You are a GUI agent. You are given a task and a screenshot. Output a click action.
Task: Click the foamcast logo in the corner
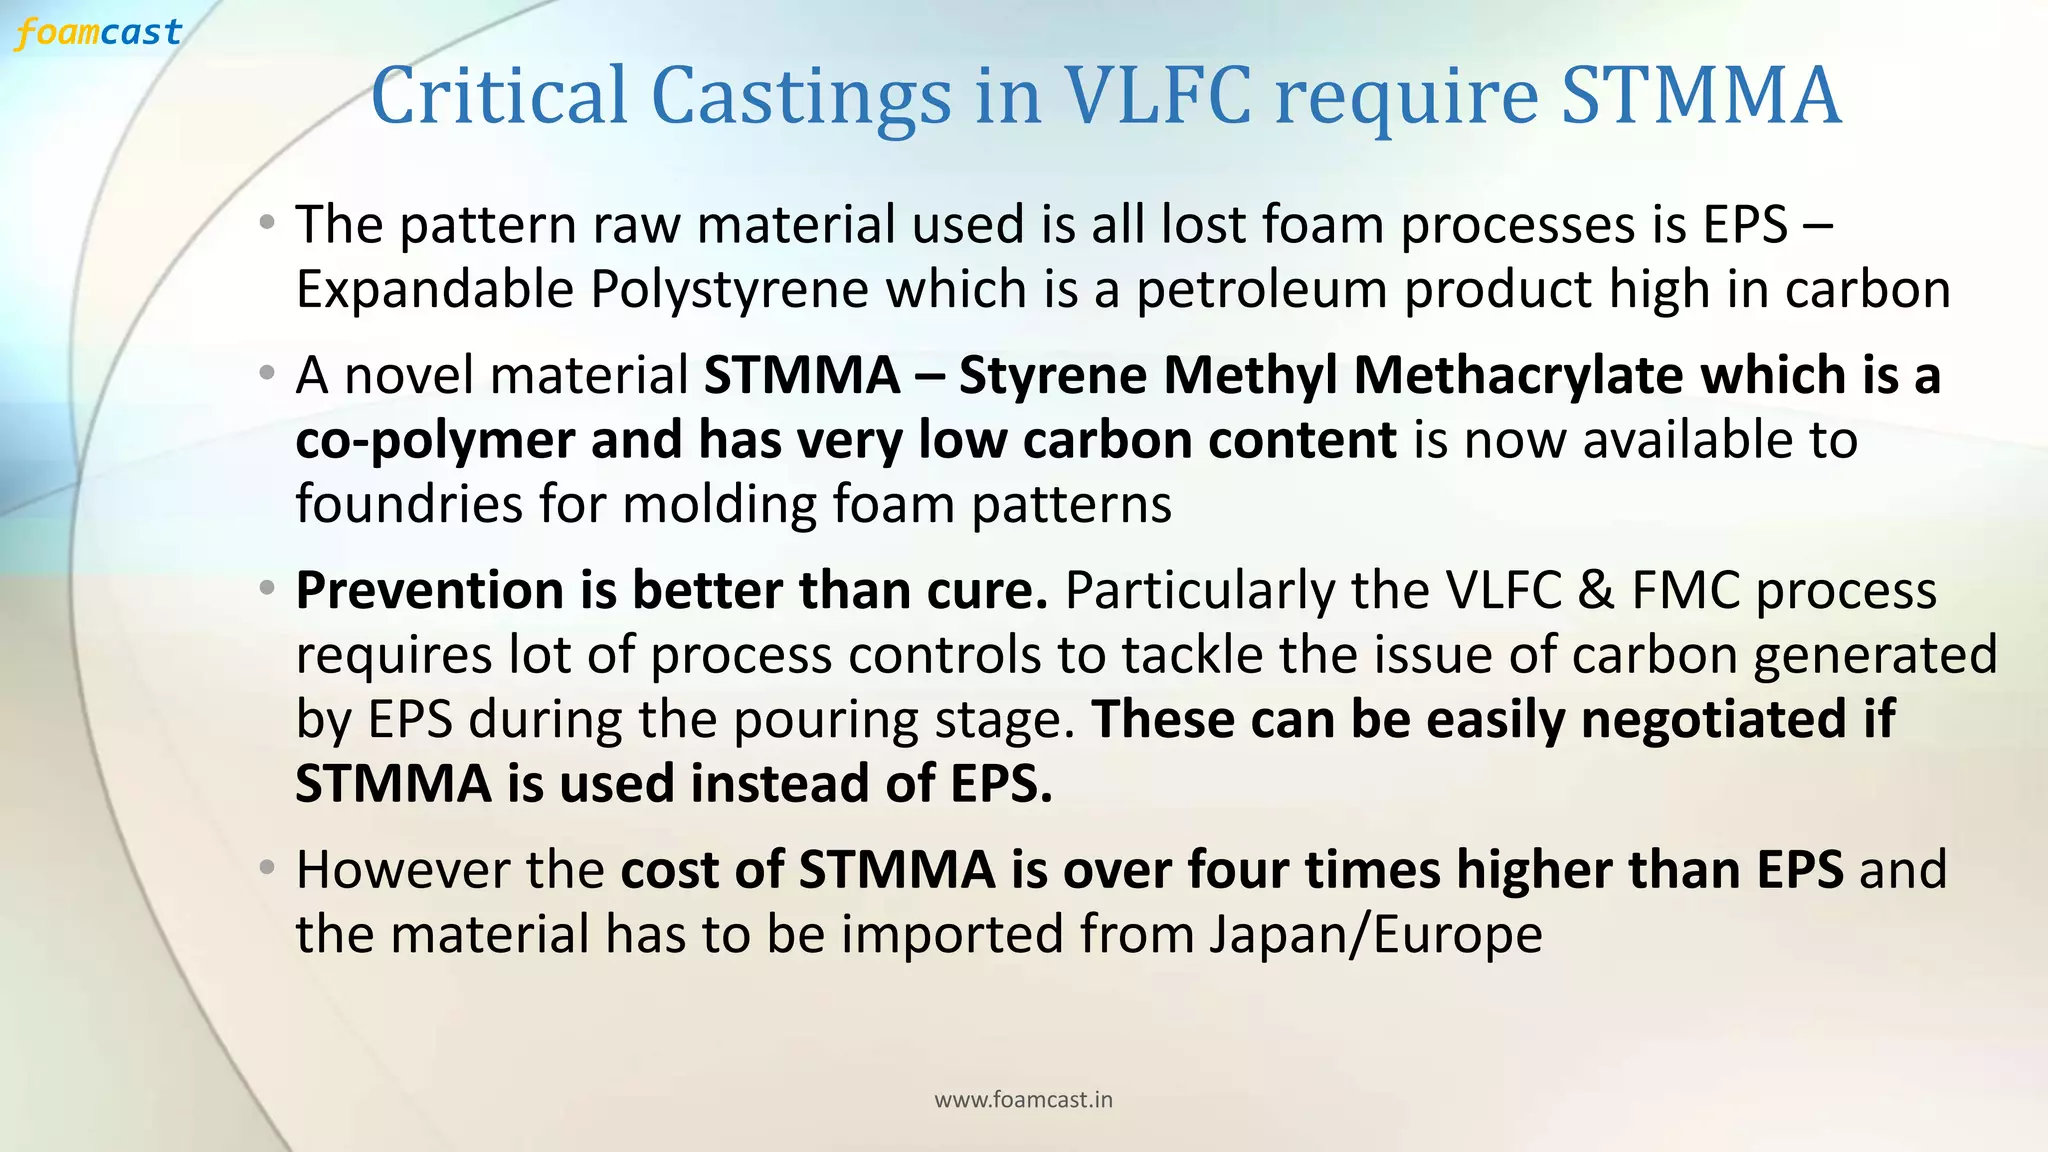pyautogui.click(x=98, y=33)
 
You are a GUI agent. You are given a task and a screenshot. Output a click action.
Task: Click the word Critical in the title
pyautogui.click(x=499, y=97)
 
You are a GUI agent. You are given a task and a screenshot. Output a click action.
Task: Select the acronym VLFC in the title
pyautogui.click(x=1157, y=97)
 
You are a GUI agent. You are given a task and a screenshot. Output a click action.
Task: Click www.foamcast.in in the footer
pyautogui.click(x=1023, y=1100)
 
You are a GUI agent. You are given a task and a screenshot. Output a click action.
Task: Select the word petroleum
pyautogui.click(x=1261, y=290)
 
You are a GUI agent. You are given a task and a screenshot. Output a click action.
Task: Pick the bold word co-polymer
pyautogui.click(x=435, y=441)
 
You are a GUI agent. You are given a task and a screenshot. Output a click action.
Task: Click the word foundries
pyautogui.click(x=409, y=504)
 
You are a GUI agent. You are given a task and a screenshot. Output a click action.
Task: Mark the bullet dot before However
pyautogui.click(x=266, y=867)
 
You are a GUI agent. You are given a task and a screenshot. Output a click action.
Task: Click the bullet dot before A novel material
pyautogui.click(x=266, y=374)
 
